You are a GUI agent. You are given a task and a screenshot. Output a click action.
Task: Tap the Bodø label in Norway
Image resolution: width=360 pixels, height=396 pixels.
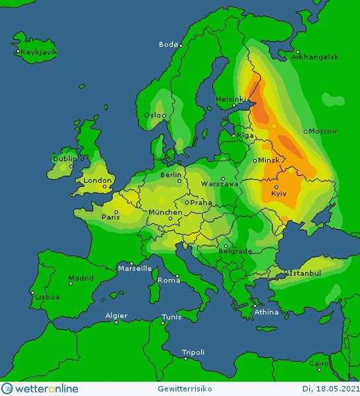(168, 44)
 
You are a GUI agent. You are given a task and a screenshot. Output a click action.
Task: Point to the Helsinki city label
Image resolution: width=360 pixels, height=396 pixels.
(231, 100)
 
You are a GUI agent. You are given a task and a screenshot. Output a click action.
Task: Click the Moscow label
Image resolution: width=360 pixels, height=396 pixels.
(323, 131)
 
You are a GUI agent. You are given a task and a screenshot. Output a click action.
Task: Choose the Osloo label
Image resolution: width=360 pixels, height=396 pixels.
(156, 115)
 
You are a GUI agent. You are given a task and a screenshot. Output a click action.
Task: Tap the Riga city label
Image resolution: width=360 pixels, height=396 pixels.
(245, 135)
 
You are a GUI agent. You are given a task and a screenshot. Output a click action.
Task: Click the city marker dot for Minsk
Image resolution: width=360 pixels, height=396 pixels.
(255, 160)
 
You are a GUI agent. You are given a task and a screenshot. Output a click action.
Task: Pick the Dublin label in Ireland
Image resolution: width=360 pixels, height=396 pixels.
(64, 158)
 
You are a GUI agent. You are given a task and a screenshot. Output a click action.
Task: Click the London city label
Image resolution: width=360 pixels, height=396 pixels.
(97, 180)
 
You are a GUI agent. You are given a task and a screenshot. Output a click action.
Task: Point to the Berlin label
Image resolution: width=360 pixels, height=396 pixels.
(171, 175)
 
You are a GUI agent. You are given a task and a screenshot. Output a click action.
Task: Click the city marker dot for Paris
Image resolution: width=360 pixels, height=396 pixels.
(116, 212)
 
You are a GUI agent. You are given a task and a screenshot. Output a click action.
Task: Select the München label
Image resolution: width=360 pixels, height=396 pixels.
(165, 212)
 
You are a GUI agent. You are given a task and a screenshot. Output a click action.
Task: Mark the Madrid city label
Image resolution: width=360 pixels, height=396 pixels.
(81, 278)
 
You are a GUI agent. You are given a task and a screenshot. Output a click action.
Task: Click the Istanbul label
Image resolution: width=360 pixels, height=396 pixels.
(305, 273)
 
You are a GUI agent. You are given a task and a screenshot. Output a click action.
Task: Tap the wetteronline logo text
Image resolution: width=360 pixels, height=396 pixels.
(46, 388)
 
